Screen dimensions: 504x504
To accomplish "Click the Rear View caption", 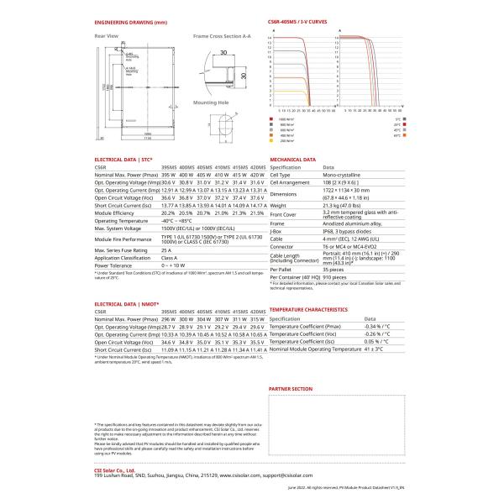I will coord(105,36).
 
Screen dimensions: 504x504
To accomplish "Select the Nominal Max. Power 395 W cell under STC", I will coord(169,175).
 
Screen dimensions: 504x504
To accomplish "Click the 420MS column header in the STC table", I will coord(257,167).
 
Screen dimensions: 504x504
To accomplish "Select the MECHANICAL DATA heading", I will coord(292,159).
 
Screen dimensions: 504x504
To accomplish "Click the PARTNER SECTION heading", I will coord(291,390).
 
